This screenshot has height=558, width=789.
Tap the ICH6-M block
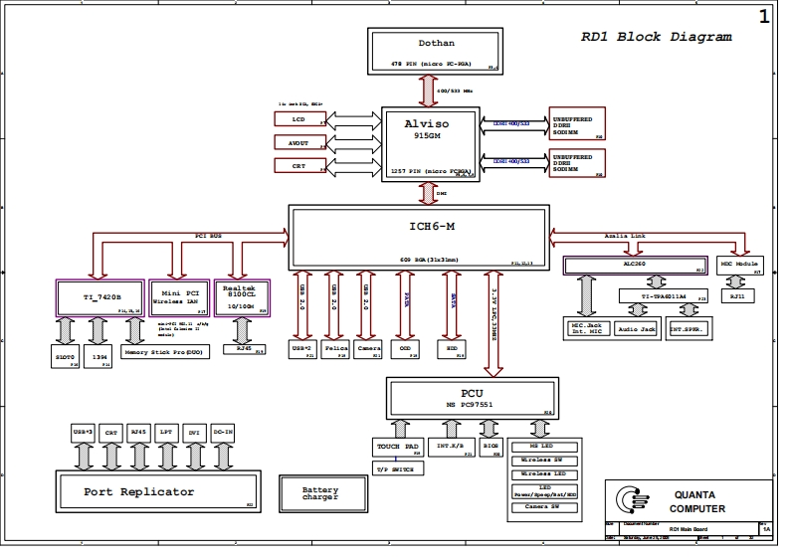pyautogui.click(x=418, y=237)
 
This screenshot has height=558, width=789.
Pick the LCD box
pyautogui.click(x=298, y=119)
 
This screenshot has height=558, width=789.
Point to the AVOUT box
pyautogui.click(x=298, y=143)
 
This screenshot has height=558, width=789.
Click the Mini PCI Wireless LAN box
pyautogui.click(x=179, y=297)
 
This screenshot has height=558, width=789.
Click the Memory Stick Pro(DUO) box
pyautogui.click(x=165, y=350)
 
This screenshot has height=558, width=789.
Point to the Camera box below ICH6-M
pyautogui.click(x=368, y=350)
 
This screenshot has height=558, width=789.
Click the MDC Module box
pyautogui.click(x=741, y=265)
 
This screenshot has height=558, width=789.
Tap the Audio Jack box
pyautogui.click(x=636, y=327)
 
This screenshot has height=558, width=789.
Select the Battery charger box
pyautogui.click(x=320, y=493)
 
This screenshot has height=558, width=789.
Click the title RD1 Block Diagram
pyautogui.click(x=657, y=38)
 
